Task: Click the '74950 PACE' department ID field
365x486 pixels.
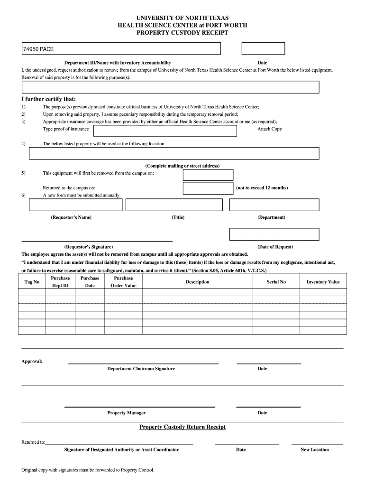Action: (x=121, y=49)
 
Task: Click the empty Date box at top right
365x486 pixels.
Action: (x=263, y=48)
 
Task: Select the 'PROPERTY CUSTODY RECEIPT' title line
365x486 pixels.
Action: (x=182, y=33)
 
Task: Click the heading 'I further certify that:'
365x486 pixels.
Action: (x=49, y=99)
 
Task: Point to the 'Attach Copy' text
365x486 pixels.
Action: (x=270, y=129)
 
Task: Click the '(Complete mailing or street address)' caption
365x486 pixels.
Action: (x=182, y=166)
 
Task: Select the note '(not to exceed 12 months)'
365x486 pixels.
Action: (x=262, y=188)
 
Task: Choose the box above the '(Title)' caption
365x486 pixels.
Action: (x=174, y=205)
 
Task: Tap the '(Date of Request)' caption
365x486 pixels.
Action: (x=275, y=247)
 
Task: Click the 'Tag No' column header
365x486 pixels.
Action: (x=32, y=282)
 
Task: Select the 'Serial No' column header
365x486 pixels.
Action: (x=276, y=282)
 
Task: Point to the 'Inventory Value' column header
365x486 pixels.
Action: (x=323, y=282)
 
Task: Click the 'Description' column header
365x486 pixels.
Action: (x=198, y=282)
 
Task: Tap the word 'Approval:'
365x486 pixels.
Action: (x=32, y=362)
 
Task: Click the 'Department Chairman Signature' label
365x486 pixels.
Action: (x=141, y=369)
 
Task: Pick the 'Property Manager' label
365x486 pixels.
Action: (x=126, y=413)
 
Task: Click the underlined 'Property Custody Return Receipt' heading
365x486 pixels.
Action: (x=182, y=427)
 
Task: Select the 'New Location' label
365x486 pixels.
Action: (x=314, y=449)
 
